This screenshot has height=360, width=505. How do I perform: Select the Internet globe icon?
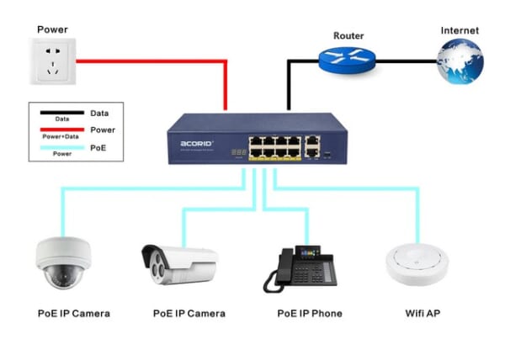(x=461, y=61)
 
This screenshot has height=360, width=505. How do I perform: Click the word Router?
(x=348, y=35)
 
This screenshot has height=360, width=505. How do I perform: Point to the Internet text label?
(x=460, y=30)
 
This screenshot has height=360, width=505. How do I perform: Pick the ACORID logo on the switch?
(x=197, y=144)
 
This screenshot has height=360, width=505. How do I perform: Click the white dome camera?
(x=63, y=265)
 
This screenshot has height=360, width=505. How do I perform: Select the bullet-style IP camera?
(x=178, y=265)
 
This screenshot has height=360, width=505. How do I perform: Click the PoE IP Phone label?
(x=310, y=314)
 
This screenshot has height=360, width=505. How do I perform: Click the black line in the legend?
(x=62, y=112)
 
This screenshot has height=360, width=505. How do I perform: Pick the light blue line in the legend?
(x=62, y=146)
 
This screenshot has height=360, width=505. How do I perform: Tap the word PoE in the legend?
(x=109, y=147)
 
